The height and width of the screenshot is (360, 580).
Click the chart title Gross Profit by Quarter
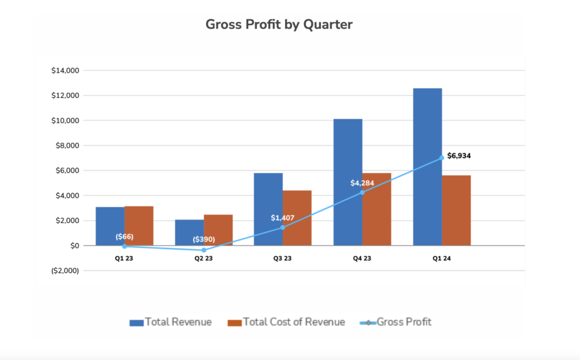pos(279,24)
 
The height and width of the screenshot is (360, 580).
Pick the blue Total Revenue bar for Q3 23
pos(268,209)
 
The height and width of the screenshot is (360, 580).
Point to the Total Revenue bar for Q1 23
pos(110,226)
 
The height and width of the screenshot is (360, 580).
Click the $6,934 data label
pos(459,155)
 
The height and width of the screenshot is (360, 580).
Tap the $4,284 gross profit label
pos(362,183)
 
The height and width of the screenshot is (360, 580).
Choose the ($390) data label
pos(204,239)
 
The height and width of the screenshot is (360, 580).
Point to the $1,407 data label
pos(283,218)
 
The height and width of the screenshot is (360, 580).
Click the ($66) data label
pos(124,237)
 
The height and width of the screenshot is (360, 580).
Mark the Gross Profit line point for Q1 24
pos(442,158)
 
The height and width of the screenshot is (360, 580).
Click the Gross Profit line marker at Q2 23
pos(204,250)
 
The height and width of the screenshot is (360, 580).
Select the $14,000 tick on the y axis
pos(66,71)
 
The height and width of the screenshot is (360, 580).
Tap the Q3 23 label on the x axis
pos(283,259)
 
